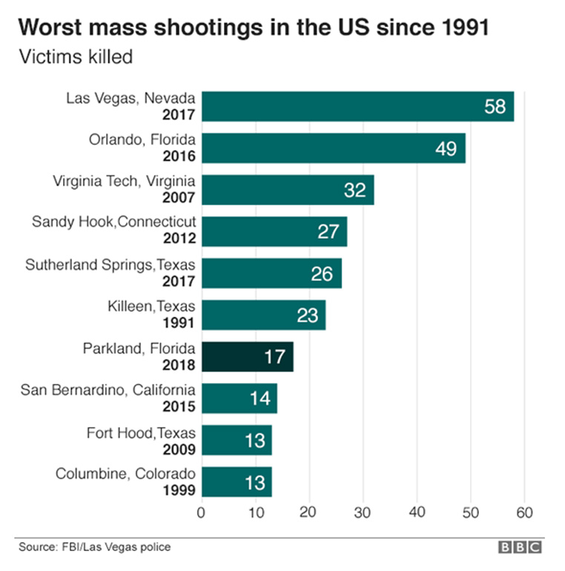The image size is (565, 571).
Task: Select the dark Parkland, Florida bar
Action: pos(248,357)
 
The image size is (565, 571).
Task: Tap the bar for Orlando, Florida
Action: pos(333,148)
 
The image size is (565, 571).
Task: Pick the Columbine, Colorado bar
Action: pos(237,481)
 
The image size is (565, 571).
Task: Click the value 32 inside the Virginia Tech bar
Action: pos(355,190)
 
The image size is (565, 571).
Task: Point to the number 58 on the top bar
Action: pos(495,106)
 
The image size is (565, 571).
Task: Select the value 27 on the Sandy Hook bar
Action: pos(328,231)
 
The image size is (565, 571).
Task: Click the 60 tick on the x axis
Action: pos(524,512)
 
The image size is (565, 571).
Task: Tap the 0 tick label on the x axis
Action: pos(201,512)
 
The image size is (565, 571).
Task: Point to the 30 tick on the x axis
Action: pos(363,512)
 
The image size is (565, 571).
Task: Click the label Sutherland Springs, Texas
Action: pos(110,265)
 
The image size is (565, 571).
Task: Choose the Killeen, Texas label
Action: pos(151,306)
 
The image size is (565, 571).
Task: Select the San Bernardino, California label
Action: pos(108,389)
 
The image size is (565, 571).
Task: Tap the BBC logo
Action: pos(519,547)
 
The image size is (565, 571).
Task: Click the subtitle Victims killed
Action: pos(75,57)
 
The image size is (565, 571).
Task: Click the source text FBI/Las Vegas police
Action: pos(115,547)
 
